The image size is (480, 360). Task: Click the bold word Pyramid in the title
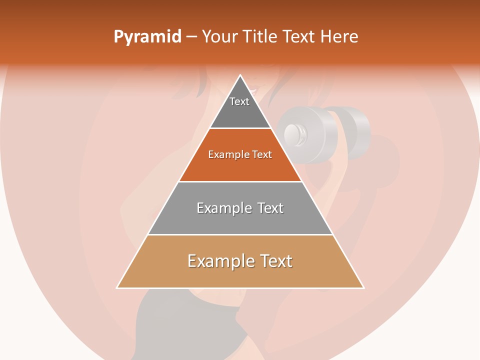tap(147, 36)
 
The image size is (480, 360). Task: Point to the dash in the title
tap(191, 37)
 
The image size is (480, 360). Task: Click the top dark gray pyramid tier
tap(240, 112)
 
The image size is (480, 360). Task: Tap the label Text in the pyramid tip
tap(239, 101)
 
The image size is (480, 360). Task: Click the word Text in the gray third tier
tap(270, 208)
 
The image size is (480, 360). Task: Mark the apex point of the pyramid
tap(240, 75)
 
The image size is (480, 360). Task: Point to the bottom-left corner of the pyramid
tap(117, 288)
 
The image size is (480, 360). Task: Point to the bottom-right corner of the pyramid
tap(363, 288)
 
